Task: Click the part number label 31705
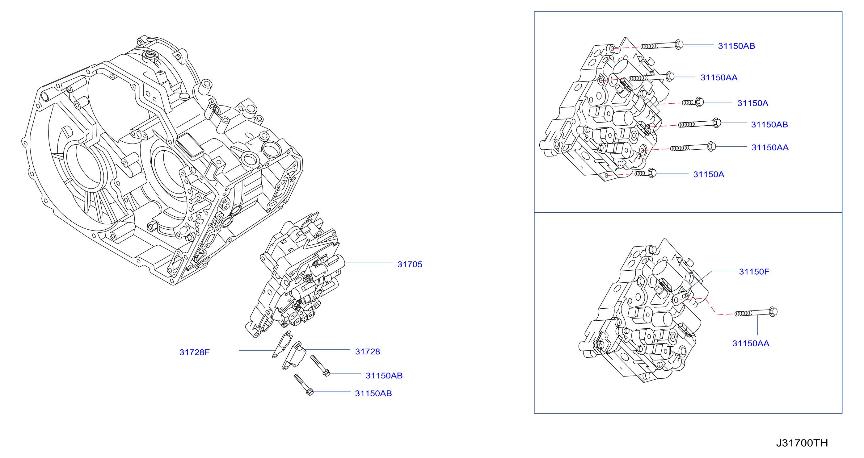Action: pyautogui.click(x=410, y=264)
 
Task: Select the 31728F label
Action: pyautogui.click(x=195, y=352)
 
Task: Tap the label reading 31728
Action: pyautogui.click(x=368, y=352)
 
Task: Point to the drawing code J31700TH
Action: pyautogui.click(x=802, y=443)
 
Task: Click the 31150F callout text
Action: pyautogui.click(x=754, y=271)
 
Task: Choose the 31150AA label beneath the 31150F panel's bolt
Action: pyautogui.click(x=751, y=343)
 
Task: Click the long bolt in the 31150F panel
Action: pyautogui.click(x=756, y=312)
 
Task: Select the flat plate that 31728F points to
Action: pyautogui.click(x=282, y=344)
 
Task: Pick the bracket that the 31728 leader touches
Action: pyautogui.click(x=294, y=356)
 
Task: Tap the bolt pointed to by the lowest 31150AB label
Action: pyautogui.click(x=304, y=385)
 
